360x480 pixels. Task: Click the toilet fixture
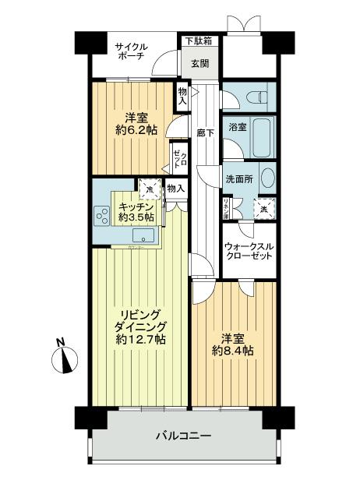[x=250, y=97]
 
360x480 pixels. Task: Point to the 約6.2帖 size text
[x=128, y=131]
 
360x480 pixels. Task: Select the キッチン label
[x=136, y=206]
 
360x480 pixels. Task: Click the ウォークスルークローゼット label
[x=248, y=249]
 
